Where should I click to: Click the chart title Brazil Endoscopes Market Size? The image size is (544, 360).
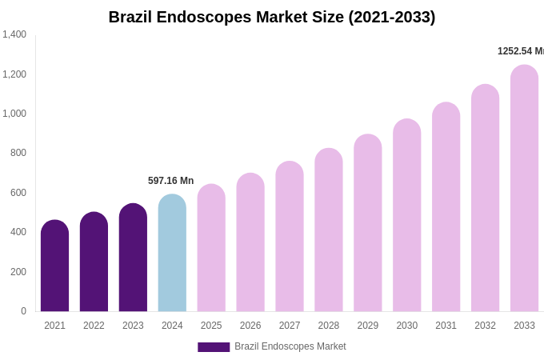pyautogui.click(x=272, y=17)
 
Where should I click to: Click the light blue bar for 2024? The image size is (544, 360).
pyautogui.click(x=172, y=254)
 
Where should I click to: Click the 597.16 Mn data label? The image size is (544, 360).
pyautogui.click(x=170, y=181)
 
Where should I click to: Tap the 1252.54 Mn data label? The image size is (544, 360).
pyautogui.click(x=520, y=51)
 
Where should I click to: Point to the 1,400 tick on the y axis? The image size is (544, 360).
pyautogui.click(x=14, y=34)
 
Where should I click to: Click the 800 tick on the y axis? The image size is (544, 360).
pyautogui.click(x=18, y=153)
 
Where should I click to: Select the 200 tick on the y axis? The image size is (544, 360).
pyautogui.click(x=18, y=272)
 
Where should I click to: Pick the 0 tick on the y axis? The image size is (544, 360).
pyautogui.click(x=23, y=311)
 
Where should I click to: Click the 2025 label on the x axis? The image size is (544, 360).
pyautogui.click(x=211, y=326)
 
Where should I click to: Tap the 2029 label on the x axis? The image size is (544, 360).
pyautogui.click(x=368, y=326)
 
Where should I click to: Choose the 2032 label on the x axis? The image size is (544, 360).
pyautogui.click(x=485, y=326)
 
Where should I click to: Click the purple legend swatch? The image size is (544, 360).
pyautogui.click(x=214, y=347)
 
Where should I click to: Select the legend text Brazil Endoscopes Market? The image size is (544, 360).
pyautogui.click(x=290, y=346)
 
